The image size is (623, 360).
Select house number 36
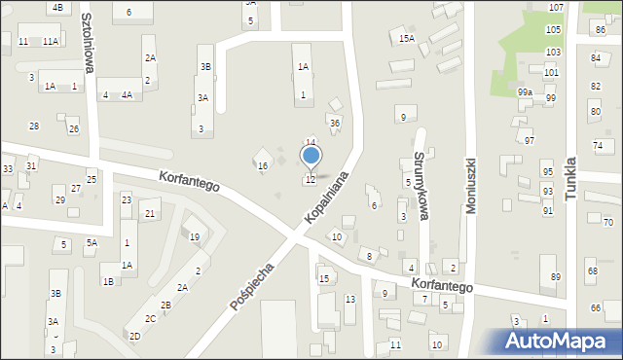(x=334, y=123)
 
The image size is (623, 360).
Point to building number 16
(x=262, y=166)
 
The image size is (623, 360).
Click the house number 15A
(x=407, y=39)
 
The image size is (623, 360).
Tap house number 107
(x=555, y=7)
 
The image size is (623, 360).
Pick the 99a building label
(x=525, y=91)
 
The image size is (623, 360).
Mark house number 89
(x=555, y=277)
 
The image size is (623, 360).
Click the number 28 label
(x=34, y=126)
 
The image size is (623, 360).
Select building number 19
(x=194, y=237)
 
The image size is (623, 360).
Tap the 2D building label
(x=135, y=336)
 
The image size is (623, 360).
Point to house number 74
(x=597, y=146)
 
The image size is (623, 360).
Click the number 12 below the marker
(x=310, y=179)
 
